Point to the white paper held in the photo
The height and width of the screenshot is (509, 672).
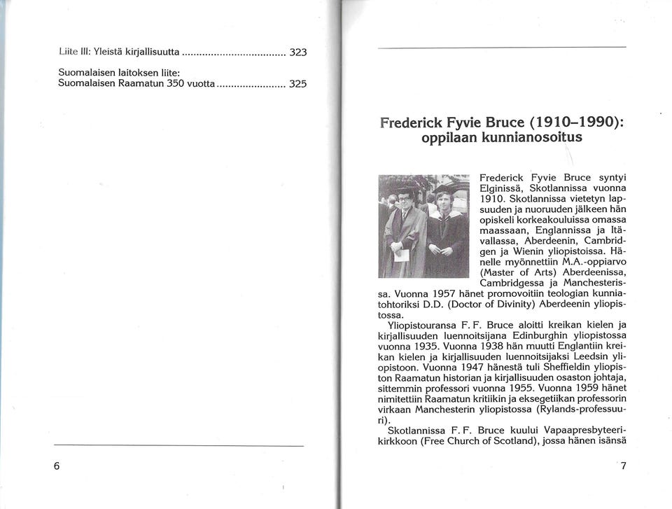pyautogui.click(x=402, y=255)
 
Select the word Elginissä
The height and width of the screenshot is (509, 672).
pyautogui.click(x=503, y=189)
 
